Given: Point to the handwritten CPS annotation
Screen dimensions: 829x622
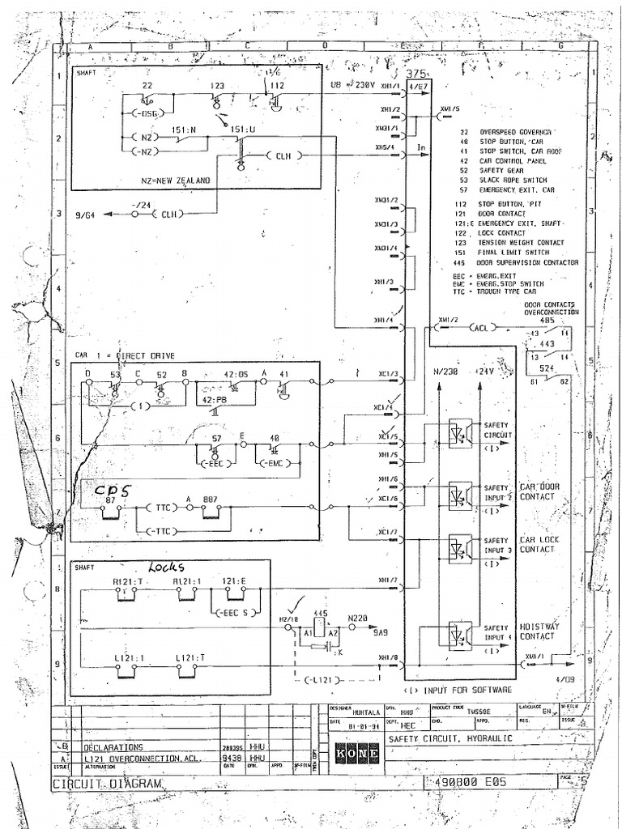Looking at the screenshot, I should [x=112, y=491].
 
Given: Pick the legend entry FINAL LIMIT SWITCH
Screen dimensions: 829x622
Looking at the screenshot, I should [x=518, y=253].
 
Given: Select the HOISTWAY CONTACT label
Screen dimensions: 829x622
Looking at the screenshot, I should [x=538, y=631].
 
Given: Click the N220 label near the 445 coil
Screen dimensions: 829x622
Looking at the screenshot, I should [x=358, y=617].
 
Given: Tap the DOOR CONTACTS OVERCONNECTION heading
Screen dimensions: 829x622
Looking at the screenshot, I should [x=550, y=308].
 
